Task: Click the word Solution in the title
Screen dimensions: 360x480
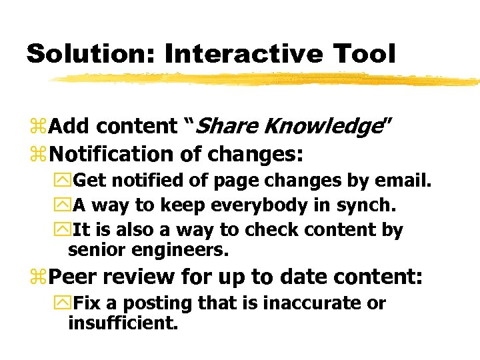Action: pyautogui.click(x=89, y=53)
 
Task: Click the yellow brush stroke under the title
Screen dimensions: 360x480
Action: pyautogui.click(x=267, y=79)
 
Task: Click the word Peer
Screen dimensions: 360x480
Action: pyautogui.click(x=75, y=276)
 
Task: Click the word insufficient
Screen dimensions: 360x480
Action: pyautogui.click(x=123, y=323)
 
